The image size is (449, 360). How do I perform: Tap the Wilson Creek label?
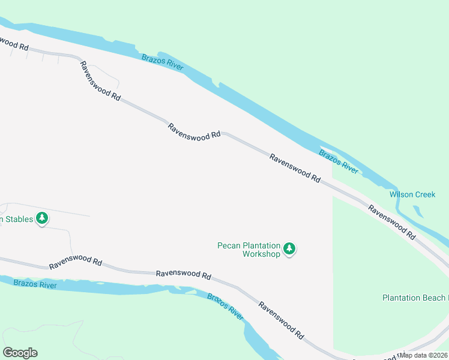[412, 194]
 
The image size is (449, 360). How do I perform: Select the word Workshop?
[261, 254]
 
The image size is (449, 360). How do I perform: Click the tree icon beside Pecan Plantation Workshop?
[289, 248]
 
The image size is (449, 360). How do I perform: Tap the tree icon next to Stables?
[42, 218]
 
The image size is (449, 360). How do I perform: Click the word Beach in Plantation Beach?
[431, 298]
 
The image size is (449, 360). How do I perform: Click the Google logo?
[20, 353]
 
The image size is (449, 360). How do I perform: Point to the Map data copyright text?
[424, 355]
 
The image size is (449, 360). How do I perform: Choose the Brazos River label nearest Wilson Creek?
[339, 162]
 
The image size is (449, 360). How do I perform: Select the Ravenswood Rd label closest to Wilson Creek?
[391, 222]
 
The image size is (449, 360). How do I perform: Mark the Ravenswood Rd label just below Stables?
[75, 263]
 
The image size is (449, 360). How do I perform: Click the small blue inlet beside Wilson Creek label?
[417, 211]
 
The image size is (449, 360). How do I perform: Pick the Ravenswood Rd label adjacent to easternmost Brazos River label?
[295, 167]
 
